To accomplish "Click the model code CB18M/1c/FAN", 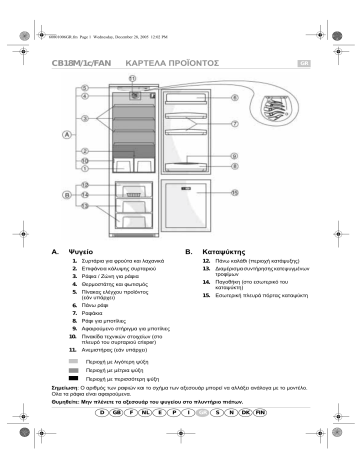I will coord(76,61).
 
